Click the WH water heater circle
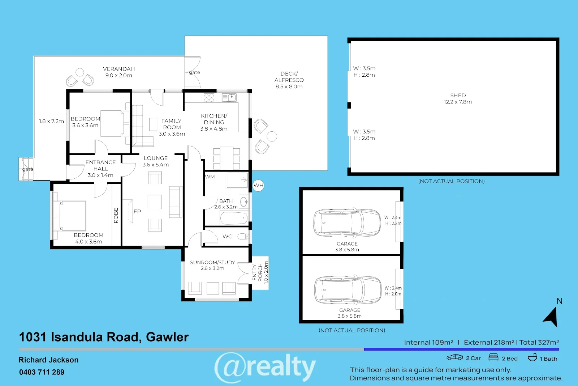[x=258, y=186]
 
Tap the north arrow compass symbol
[x=551, y=317]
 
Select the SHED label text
[x=458, y=96]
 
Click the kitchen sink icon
[x=229, y=97]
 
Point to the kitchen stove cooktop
[x=209, y=97]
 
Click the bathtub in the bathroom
[x=234, y=219]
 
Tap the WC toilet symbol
[x=243, y=237]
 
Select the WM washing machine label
[x=210, y=177]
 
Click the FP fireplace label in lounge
[x=137, y=211]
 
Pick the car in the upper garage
[x=347, y=222]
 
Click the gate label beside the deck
[x=194, y=72]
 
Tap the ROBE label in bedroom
[x=116, y=215]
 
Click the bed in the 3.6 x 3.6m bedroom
[x=115, y=123]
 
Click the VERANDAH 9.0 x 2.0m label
[x=119, y=72]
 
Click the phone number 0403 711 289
[x=42, y=372]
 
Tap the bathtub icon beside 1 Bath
[x=532, y=358]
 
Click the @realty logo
[x=265, y=367]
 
